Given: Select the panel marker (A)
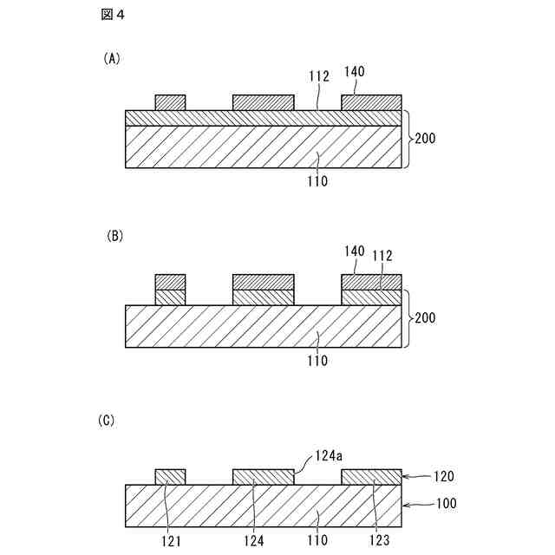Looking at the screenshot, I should (x=111, y=59).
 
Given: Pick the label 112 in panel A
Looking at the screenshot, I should (x=318, y=76).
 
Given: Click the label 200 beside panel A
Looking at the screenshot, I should (x=425, y=138).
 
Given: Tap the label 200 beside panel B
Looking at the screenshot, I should (x=425, y=318).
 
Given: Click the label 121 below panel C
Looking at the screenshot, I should (x=169, y=541).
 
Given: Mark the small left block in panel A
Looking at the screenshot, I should (x=170, y=102).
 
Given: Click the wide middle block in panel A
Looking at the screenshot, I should (x=264, y=102).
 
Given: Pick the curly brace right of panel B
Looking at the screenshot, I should (x=408, y=317).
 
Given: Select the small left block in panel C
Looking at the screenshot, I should (x=170, y=477).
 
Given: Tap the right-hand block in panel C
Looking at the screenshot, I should (x=371, y=477).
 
